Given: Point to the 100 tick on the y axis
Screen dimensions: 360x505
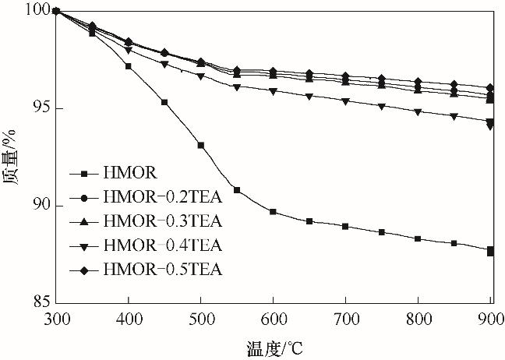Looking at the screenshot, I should [x=38, y=10].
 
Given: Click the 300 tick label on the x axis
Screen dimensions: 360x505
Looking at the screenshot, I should [x=55, y=319].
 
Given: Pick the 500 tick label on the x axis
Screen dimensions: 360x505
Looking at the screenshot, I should [x=200, y=319].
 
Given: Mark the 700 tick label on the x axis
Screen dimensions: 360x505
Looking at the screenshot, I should [x=345, y=319].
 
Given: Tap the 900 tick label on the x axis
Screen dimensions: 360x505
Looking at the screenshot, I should [x=490, y=319].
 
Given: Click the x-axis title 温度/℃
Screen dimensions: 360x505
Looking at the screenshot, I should [x=273, y=344].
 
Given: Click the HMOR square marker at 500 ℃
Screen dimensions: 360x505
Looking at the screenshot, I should [x=200, y=145].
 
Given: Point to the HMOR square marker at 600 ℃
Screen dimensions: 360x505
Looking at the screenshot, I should [x=273, y=211].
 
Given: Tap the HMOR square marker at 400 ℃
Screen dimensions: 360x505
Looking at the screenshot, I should [x=128, y=66].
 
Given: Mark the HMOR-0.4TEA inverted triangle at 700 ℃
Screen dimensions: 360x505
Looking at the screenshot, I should [x=345, y=101].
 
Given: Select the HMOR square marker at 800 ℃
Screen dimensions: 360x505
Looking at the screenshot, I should [x=418, y=238].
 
